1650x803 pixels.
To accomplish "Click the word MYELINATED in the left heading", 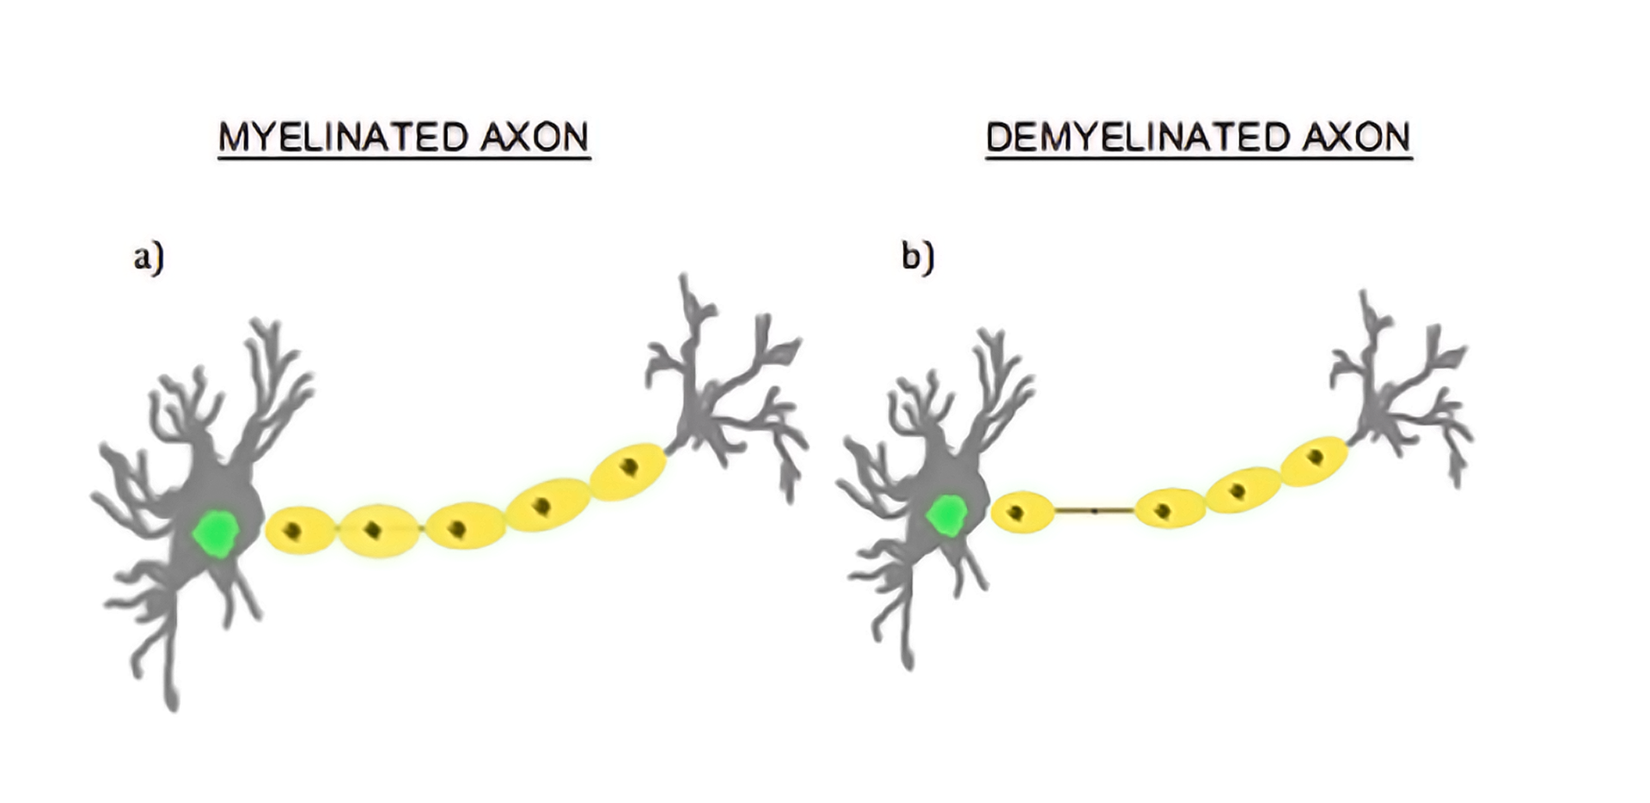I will (x=341, y=137).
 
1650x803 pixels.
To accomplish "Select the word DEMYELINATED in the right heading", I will (x=1137, y=137).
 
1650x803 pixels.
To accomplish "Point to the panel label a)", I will (x=148, y=257).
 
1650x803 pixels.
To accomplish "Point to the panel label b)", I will (x=917, y=257).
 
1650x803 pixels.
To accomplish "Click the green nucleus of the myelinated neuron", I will (x=216, y=533).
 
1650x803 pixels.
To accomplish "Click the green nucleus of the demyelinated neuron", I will (x=947, y=515).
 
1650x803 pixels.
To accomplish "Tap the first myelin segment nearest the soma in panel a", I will (x=299, y=530).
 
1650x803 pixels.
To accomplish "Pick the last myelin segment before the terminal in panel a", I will (x=628, y=471).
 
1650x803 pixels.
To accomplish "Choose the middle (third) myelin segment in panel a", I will (x=465, y=526).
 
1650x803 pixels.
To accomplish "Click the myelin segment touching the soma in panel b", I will (x=1022, y=513).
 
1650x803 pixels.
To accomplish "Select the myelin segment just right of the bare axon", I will (x=1170, y=508).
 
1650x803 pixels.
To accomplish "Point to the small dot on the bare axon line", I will (x=1094, y=511).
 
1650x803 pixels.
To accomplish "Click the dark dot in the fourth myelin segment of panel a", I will (x=541, y=505).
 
